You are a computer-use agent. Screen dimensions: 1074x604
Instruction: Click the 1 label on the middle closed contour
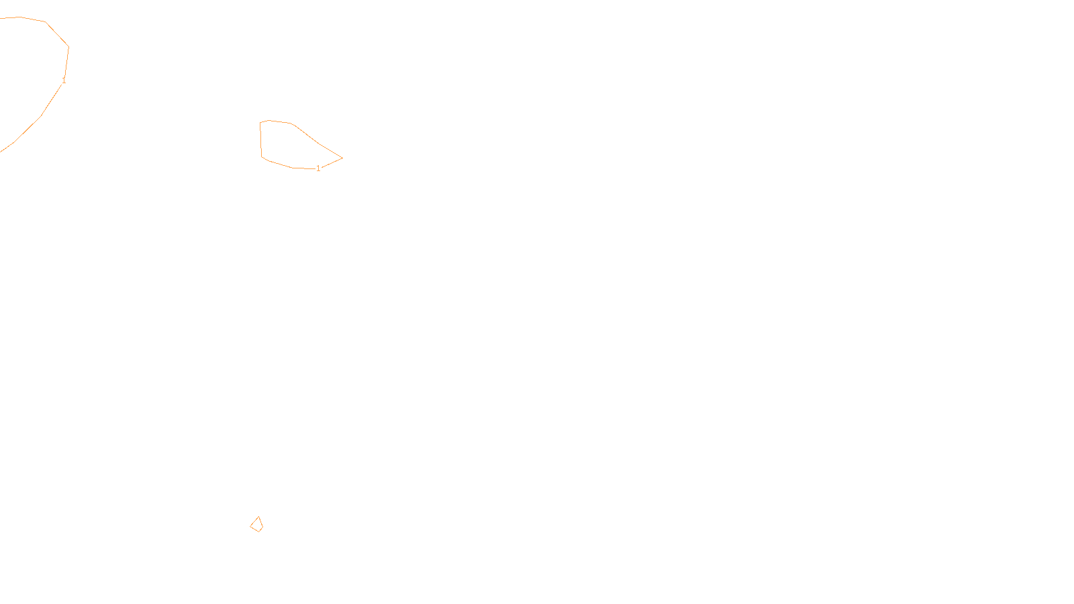pyautogui.click(x=318, y=168)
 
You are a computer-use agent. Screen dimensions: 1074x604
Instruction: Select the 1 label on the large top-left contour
pyautogui.click(x=64, y=81)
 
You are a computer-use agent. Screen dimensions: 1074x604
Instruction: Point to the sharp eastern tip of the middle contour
pyautogui.click(x=342, y=158)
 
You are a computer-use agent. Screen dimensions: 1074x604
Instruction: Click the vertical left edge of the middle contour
pyautogui.click(x=260, y=140)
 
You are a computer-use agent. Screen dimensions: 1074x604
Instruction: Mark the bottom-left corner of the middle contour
pyautogui.click(x=262, y=157)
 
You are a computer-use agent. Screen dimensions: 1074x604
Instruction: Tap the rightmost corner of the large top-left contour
pyautogui.click(x=68, y=47)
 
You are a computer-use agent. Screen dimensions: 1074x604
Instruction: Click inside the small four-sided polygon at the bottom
pyautogui.click(x=256, y=525)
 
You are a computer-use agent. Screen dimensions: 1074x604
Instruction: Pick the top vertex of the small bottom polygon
pyautogui.click(x=258, y=517)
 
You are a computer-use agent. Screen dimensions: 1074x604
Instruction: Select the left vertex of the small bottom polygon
pyautogui.click(x=250, y=525)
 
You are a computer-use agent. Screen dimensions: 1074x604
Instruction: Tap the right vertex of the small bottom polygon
pyautogui.click(x=262, y=527)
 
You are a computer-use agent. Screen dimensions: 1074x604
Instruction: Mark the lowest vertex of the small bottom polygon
pyautogui.click(x=258, y=532)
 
